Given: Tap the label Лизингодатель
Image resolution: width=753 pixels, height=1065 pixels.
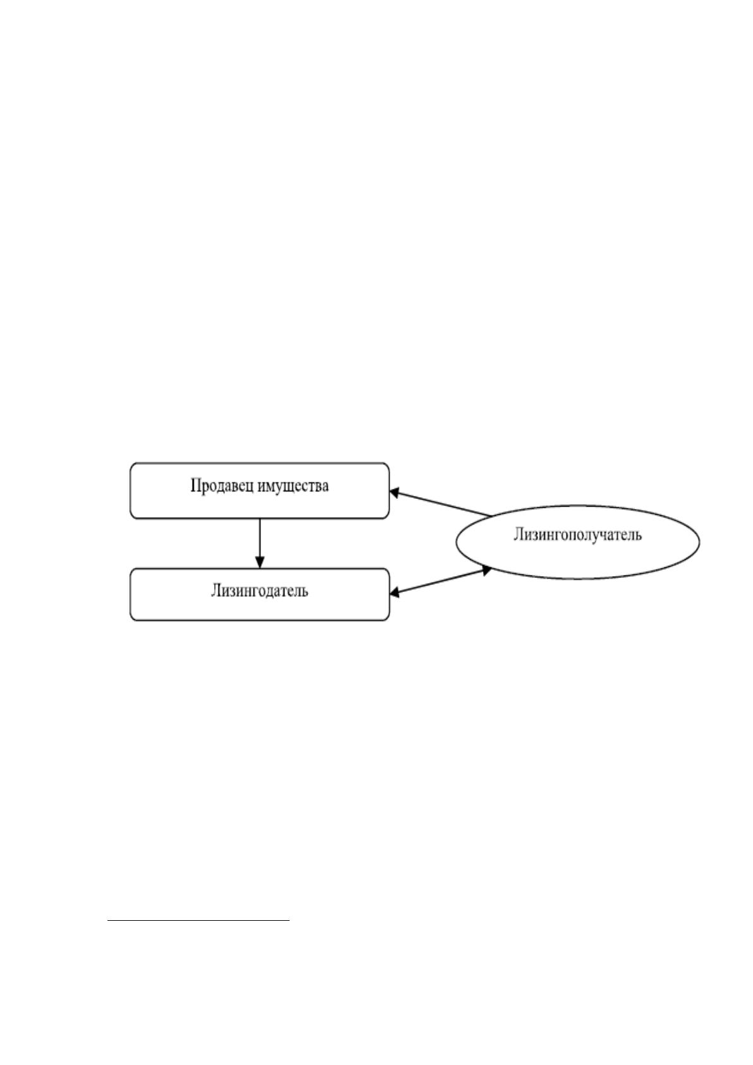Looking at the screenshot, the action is (260, 591).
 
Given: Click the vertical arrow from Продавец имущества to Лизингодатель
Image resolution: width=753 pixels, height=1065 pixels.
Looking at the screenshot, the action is (260, 543).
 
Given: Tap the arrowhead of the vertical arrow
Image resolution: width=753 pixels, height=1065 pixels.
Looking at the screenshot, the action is (260, 563).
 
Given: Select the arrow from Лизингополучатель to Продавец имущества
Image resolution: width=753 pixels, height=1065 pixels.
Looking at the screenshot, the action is (441, 503).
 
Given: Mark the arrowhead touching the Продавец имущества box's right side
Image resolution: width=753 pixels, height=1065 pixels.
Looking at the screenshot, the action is (394, 492).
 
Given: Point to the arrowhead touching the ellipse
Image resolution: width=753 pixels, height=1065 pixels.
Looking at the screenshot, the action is (487, 570).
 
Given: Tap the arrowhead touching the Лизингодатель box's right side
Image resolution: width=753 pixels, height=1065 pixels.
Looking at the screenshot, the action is (394, 593).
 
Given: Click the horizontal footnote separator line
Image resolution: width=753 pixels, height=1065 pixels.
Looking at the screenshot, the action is (199, 921).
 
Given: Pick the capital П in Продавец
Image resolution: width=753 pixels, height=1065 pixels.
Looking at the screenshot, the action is (195, 486).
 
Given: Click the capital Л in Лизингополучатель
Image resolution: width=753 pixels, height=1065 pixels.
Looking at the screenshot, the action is (518, 535).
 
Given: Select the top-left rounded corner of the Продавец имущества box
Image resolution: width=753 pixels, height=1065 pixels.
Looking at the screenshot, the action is (133, 465).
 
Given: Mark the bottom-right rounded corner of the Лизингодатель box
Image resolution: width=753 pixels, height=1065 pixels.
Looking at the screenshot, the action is (387, 618).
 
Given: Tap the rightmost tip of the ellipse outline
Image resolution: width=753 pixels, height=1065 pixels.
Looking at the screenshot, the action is (699, 542).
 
